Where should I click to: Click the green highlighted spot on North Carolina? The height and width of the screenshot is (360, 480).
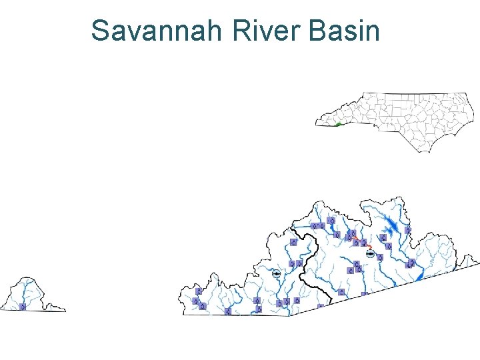[x=339, y=124]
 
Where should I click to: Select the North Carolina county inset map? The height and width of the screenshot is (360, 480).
[x=400, y=120]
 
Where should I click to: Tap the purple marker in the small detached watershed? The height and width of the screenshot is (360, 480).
[x=23, y=307]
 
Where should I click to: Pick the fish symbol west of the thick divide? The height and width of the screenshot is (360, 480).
[x=276, y=274]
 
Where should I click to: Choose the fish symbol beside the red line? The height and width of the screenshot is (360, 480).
[x=370, y=253]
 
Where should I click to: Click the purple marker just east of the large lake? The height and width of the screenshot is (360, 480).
[x=408, y=230]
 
